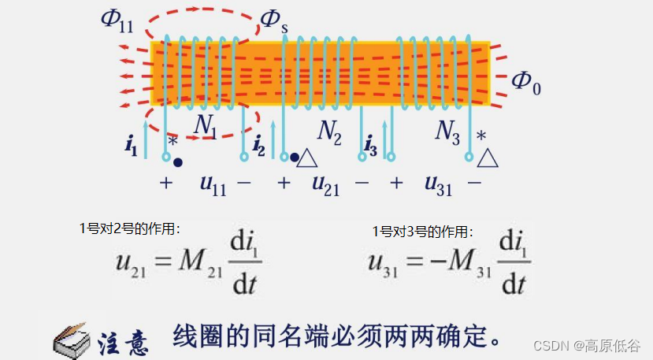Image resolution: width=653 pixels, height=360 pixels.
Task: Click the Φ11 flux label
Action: [117, 20]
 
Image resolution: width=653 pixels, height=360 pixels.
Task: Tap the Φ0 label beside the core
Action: [526, 81]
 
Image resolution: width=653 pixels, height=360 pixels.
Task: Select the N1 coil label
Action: [206, 127]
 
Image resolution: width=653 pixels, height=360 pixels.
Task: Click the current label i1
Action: [131, 146]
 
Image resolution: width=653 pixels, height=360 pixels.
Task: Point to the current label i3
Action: [371, 146]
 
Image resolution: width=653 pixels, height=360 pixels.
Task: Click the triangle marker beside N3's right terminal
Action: [488, 159]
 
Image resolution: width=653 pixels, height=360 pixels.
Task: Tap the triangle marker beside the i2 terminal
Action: [307, 159]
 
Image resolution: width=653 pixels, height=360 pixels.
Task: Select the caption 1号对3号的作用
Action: [422, 232]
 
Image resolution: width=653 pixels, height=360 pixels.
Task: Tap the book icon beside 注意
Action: [72, 339]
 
